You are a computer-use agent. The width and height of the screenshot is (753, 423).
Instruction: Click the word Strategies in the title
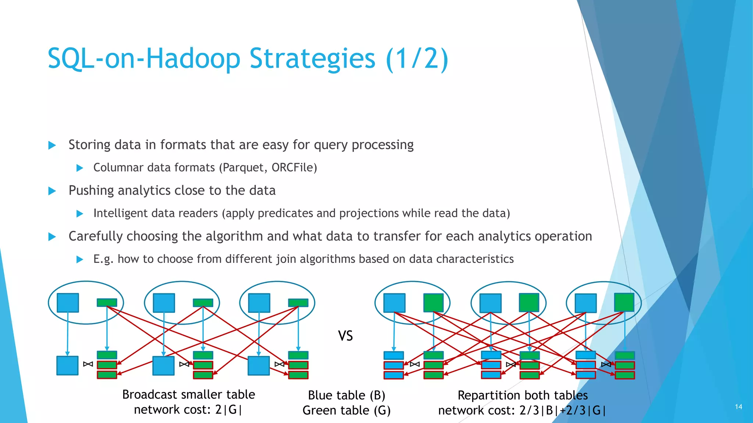tap(312, 59)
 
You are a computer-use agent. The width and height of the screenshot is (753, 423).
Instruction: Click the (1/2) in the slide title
tap(417, 59)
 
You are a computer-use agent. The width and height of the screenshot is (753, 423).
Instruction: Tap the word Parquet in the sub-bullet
tap(243, 168)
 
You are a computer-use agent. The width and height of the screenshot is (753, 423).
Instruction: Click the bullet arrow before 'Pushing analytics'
tap(52, 191)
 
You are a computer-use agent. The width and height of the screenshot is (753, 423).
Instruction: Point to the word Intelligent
tap(119, 213)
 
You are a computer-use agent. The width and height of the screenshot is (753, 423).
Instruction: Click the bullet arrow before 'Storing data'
tap(52, 145)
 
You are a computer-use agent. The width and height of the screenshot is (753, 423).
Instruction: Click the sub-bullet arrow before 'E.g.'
tap(80, 260)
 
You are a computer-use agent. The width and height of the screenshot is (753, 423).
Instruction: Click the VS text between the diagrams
tap(345, 336)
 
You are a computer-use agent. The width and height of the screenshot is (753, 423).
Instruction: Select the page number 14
tap(738, 407)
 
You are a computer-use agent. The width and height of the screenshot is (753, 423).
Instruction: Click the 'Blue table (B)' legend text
tap(346, 395)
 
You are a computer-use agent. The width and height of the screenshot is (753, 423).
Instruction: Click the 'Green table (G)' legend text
tap(346, 411)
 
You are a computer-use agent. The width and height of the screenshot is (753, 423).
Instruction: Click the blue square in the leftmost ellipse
tap(68, 303)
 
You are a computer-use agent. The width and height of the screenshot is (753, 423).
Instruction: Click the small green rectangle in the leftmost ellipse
tap(107, 303)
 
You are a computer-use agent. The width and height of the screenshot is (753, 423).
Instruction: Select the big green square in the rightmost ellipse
tap(624, 303)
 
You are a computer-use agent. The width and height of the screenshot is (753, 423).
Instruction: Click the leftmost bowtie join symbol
tap(88, 364)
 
